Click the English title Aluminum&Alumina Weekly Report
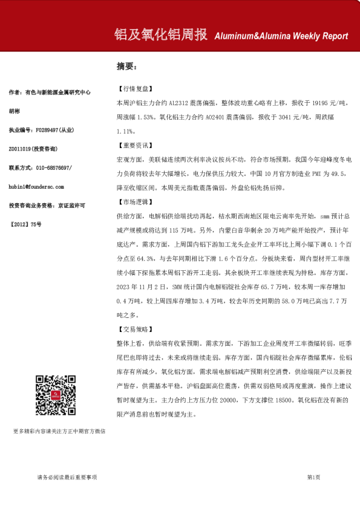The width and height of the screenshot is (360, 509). click(281, 36)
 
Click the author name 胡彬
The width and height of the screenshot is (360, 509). click(15, 111)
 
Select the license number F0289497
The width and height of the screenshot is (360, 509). click(48, 129)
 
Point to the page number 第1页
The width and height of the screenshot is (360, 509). click(313, 478)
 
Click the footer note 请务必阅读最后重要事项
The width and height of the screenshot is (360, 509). click(67, 478)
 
